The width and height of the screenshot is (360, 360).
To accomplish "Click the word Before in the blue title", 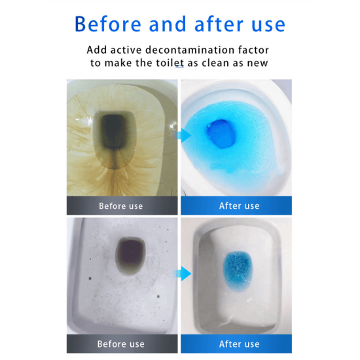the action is click(108, 24).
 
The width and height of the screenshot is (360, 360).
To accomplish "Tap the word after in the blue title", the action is click(219, 24).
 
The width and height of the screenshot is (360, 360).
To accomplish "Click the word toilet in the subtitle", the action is click(170, 63).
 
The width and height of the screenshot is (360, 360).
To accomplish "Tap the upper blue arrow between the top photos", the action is click(183, 135).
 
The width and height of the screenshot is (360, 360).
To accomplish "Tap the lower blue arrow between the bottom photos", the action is click(183, 274).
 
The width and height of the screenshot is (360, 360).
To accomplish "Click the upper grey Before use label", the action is click(121, 206).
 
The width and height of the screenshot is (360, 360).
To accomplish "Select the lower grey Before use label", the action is click(121, 344).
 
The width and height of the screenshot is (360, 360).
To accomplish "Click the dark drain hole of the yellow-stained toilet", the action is click(113, 132).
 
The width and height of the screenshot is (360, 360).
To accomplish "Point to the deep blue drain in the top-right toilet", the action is click(221, 134).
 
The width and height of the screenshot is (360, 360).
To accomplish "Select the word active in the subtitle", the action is click(126, 50).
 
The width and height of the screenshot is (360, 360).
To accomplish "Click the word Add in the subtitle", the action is click(97, 50).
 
